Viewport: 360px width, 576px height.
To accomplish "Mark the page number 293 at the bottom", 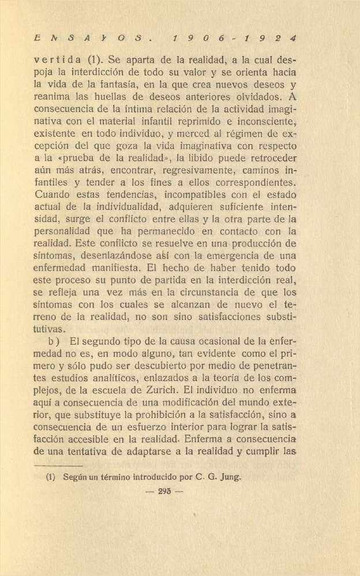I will point(166,492).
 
